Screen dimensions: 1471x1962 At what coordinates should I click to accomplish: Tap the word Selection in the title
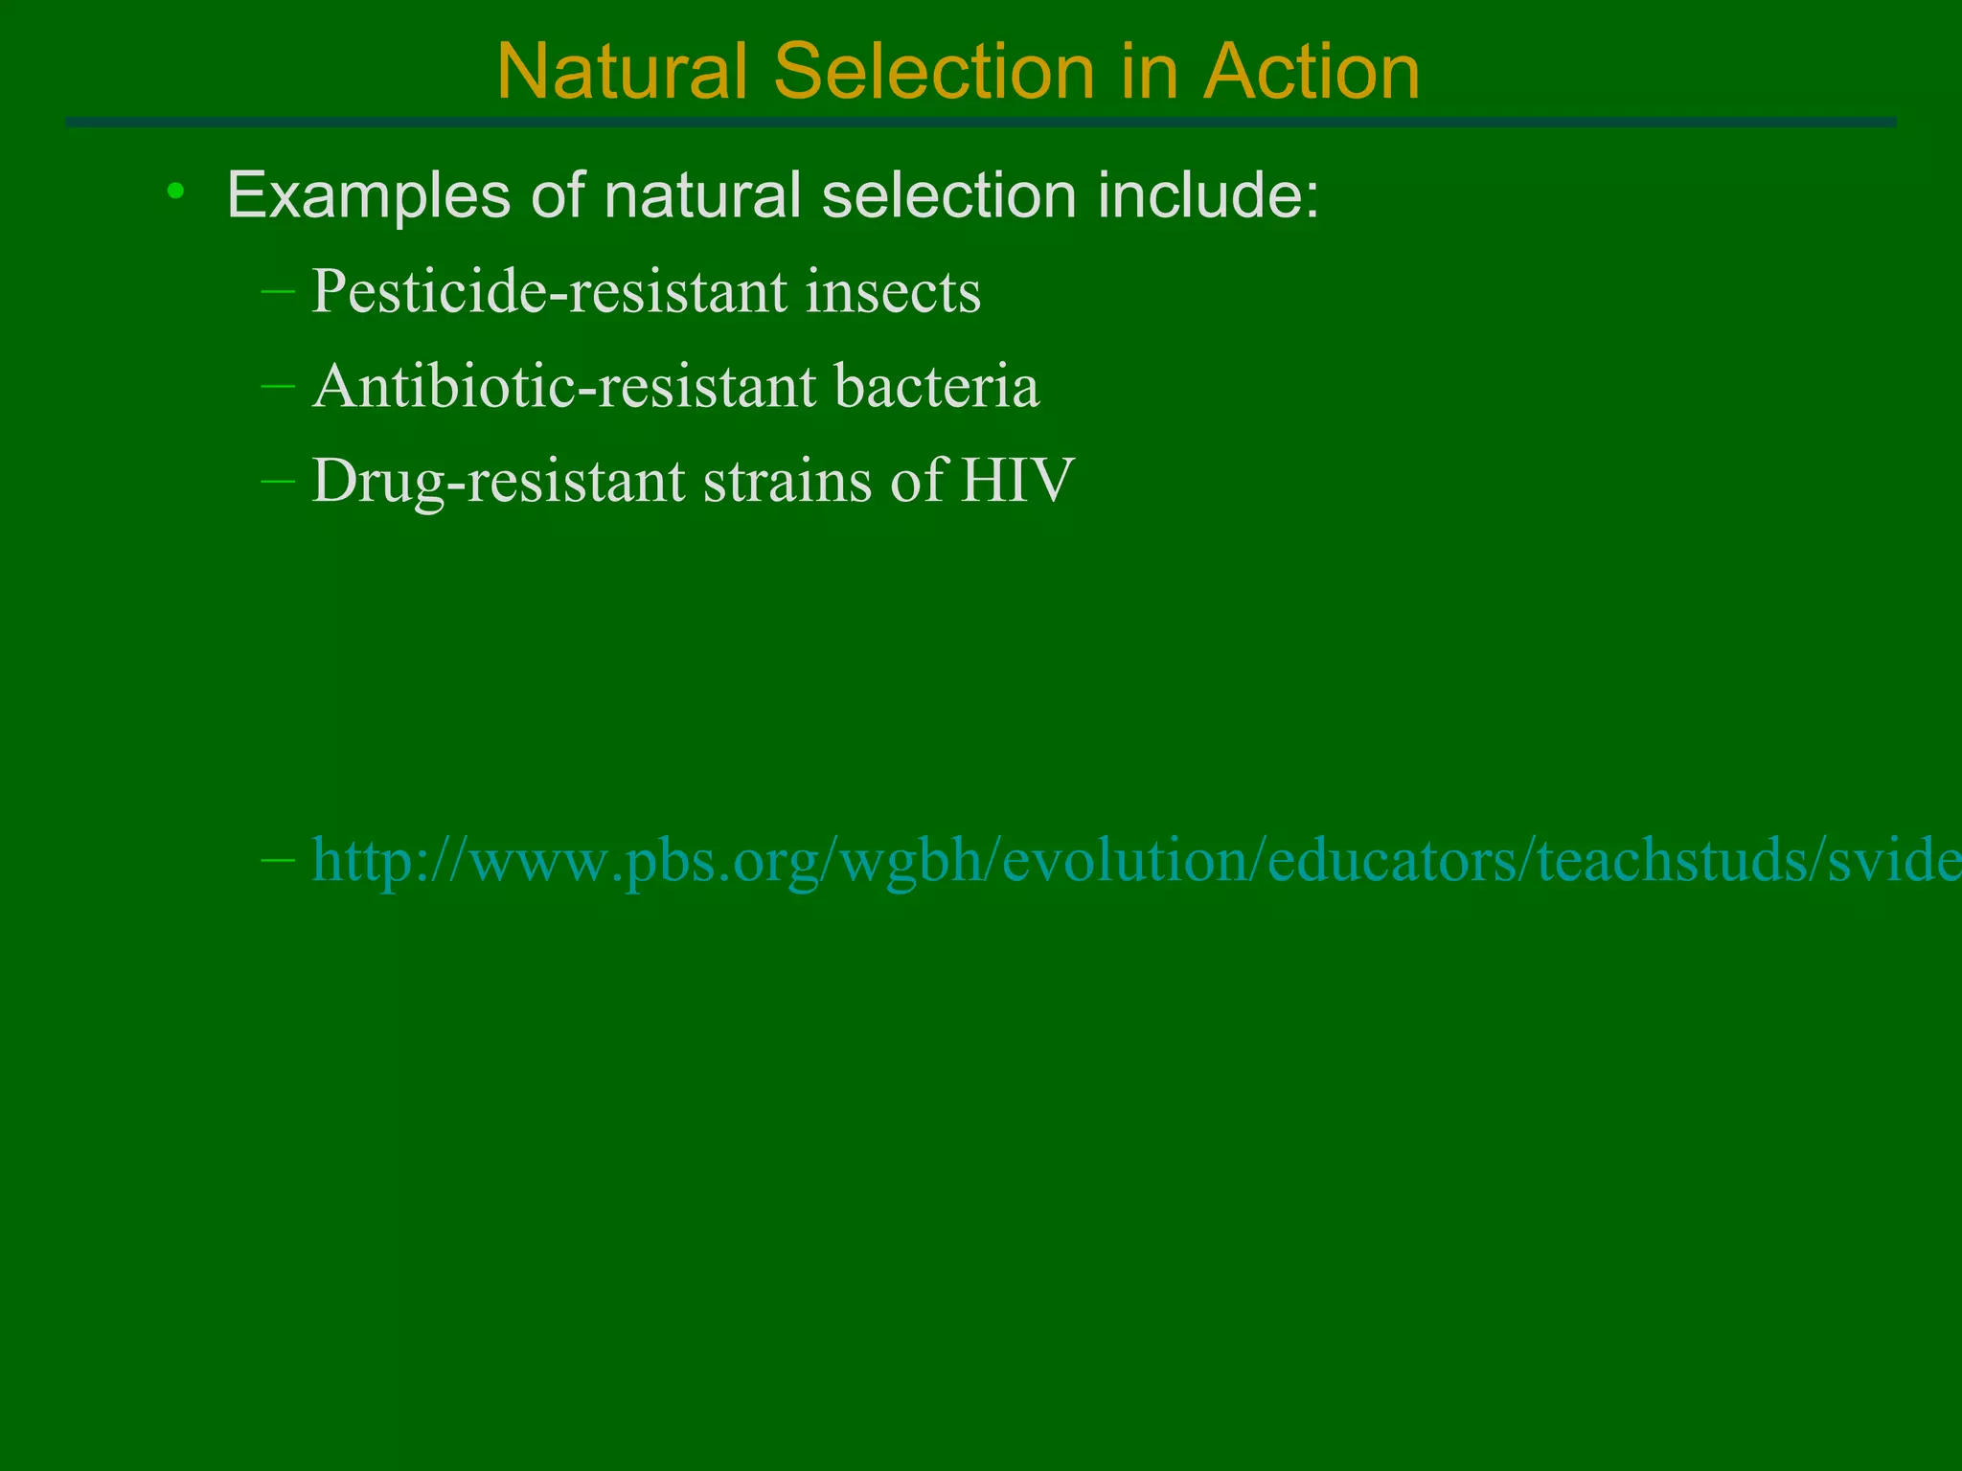(934, 72)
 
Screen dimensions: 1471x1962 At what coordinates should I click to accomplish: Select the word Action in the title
(1312, 72)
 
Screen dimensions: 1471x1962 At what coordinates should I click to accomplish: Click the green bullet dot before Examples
(174, 192)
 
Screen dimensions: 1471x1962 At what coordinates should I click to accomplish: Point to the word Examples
(369, 196)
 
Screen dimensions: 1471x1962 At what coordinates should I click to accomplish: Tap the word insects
(893, 291)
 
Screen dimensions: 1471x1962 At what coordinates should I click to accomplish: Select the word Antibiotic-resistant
(564, 387)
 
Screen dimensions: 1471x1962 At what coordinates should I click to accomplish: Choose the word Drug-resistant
(498, 482)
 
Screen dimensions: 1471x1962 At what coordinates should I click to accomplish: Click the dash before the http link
(278, 860)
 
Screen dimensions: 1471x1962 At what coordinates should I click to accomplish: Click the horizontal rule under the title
(981, 123)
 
